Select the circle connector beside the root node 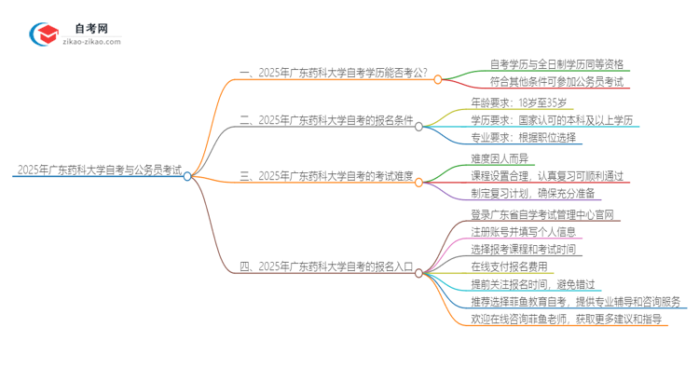click(x=187, y=175)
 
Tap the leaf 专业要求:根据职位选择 click(x=524, y=138)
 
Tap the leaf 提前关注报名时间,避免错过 click(x=537, y=284)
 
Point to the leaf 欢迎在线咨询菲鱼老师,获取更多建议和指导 click(x=568, y=320)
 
